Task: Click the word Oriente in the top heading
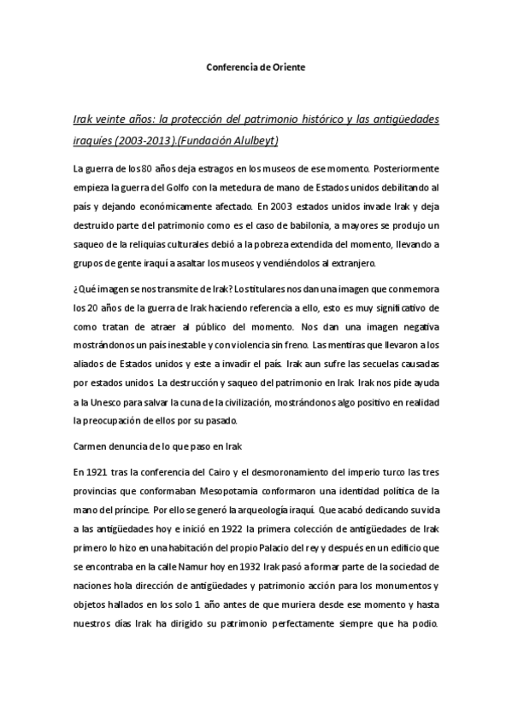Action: [287, 67]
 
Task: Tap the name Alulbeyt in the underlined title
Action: [255, 140]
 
